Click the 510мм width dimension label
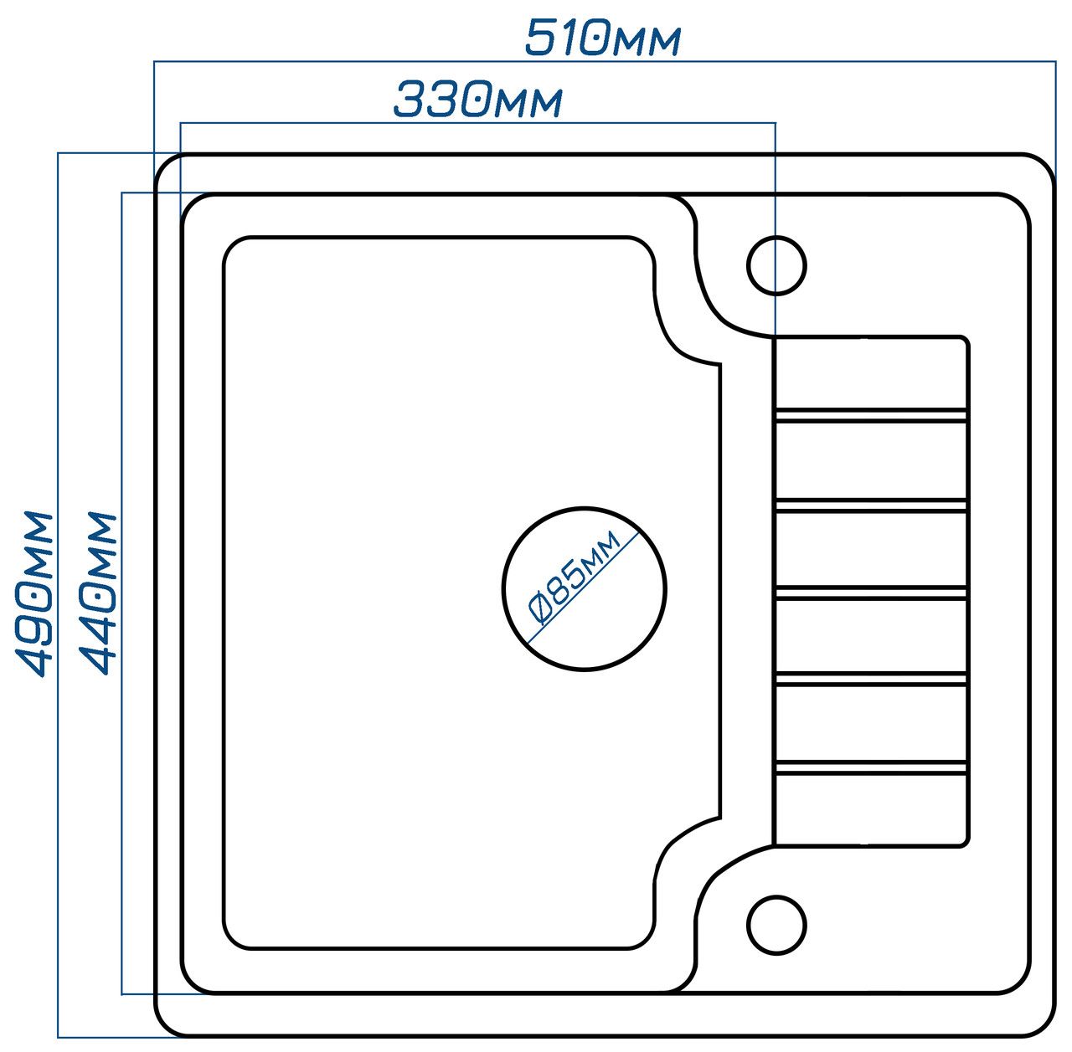tap(602, 38)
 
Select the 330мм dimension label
tap(477, 100)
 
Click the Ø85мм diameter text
tap(575, 578)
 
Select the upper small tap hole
tap(776, 265)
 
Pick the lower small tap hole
tap(776, 926)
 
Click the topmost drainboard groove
tap(871, 413)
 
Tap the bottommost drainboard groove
tap(871, 766)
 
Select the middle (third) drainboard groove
tap(871, 591)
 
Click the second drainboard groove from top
tap(871, 503)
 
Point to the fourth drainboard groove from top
tap(871, 678)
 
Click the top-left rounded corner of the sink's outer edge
tap(162, 162)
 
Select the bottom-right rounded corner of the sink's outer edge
tap(1045, 1028)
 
